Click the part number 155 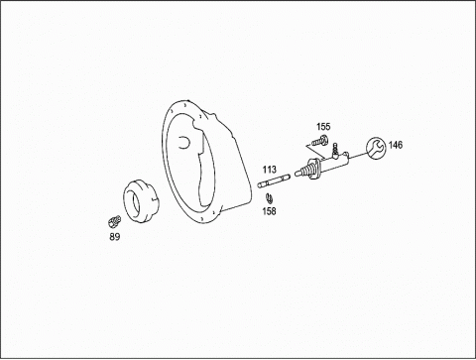[323, 127]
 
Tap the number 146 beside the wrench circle [396, 145]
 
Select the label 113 [270, 170]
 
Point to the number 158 [269, 211]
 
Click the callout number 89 [115, 237]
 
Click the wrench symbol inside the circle [376, 148]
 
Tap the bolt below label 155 [320, 141]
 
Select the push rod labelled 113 [274, 181]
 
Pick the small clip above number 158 [269, 198]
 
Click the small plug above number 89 [114, 220]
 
